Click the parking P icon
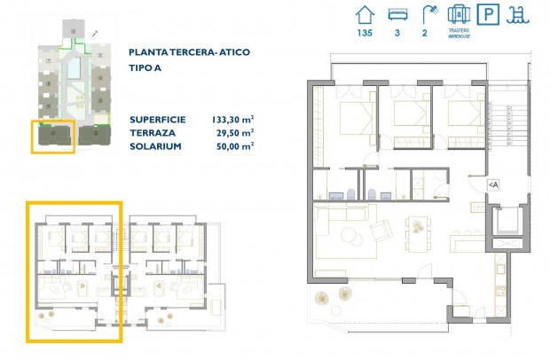(x=487, y=15)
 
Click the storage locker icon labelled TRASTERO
(x=458, y=14)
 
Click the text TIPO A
(x=147, y=67)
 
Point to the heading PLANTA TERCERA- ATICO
(x=189, y=52)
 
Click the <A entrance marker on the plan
(x=493, y=184)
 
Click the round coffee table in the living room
(x=349, y=235)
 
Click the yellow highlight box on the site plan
(x=51, y=137)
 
